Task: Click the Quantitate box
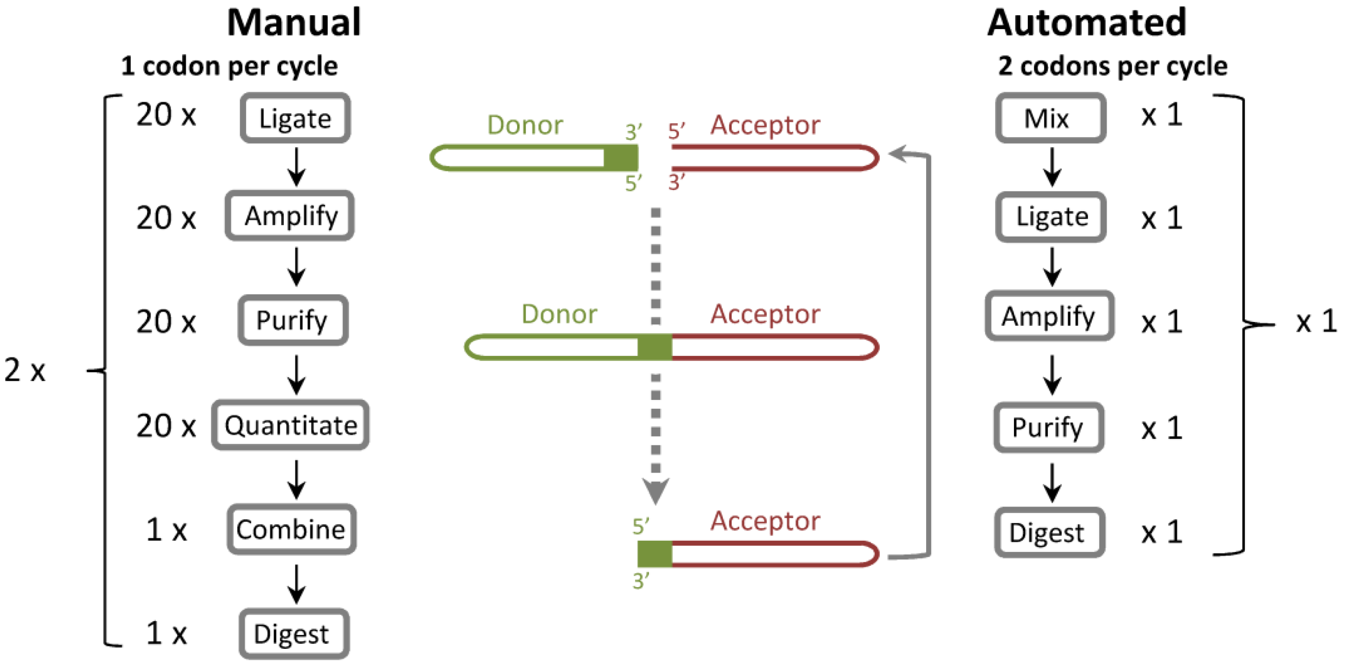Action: pyautogui.click(x=290, y=426)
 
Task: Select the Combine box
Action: pyautogui.click(x=291, y=529)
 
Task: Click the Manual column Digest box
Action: pyautogui.click(x=294, y=633)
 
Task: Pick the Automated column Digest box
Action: pyautogui.click(x=1048, y=533)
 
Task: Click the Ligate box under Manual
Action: pyautogui.click(x=295, y=118)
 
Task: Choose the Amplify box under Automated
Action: pyautogui.click(x=1048, y=316)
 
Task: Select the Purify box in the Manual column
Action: pyautogui.click(x=293, y=320)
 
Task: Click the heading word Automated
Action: pyautogui.click(x=1086, y=23)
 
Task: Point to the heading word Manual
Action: pyautogui.click(x=294, y=23)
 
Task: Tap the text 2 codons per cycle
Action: pyautogui.click(x=1113, y=66)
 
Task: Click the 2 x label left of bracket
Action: pyautogui.click(x=25, y=371)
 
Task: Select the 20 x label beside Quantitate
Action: pyautogui.click(x=166, y=426)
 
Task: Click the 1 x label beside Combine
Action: pyautogui.click(x=166, y=529)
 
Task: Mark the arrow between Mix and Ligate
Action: pyautogui.click(x=1052, y=167)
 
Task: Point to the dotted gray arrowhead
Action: pyautogui.click(x=655, y=491)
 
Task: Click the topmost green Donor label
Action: pyautogui.click(x=524, y=125)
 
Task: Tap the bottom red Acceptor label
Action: pyautogui.click(x=765, y=521)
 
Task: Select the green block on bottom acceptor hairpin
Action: pyautogui.click(x=654, y=554)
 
